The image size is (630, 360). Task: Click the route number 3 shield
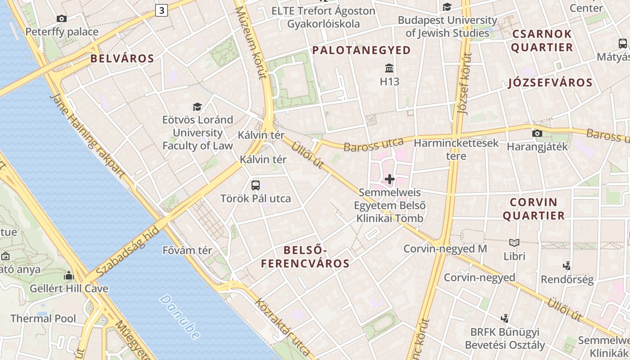coord(162,10)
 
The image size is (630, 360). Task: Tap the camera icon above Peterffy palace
coord(62,18)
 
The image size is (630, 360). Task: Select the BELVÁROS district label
coord(122,58)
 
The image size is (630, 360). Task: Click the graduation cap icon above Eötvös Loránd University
coord(197,107)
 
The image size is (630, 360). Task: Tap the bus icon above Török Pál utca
coord(256,185)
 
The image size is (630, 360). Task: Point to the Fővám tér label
coord(187,250)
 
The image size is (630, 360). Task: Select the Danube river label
coord(180,317)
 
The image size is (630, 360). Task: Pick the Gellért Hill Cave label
coord(69,288)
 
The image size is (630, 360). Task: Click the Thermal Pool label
coord(43,319)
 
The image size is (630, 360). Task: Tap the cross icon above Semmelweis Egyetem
coord(390,180)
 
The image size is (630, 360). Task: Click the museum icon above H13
coord(390,68)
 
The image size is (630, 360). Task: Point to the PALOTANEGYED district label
coord(361,50)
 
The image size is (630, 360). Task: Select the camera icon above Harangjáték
coord(537,133)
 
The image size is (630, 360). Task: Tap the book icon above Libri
coord(514,243)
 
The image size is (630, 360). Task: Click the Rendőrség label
coord(567,279)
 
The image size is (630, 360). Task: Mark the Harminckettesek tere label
coord(456,149)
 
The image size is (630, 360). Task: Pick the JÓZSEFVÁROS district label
coord(550,83)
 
